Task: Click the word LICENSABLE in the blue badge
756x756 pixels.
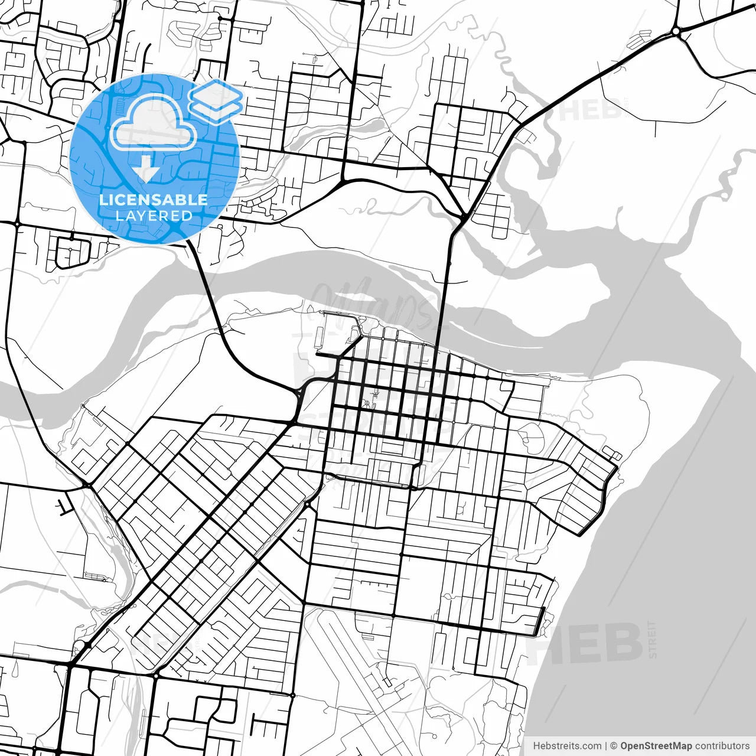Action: [x=154, y=200]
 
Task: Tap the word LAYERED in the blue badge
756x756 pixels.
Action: [x=154, y=216]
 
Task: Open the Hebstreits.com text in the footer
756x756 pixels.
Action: [x=567, y=746]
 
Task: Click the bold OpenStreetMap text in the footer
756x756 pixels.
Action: [x=656, y=746]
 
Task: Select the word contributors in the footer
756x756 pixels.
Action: [x=722, y=746]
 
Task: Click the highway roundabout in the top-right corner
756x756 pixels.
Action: [x=676, y=31]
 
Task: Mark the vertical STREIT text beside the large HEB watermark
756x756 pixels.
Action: [x=652, y=639]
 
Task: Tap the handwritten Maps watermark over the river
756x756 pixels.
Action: [x=378, y=304]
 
